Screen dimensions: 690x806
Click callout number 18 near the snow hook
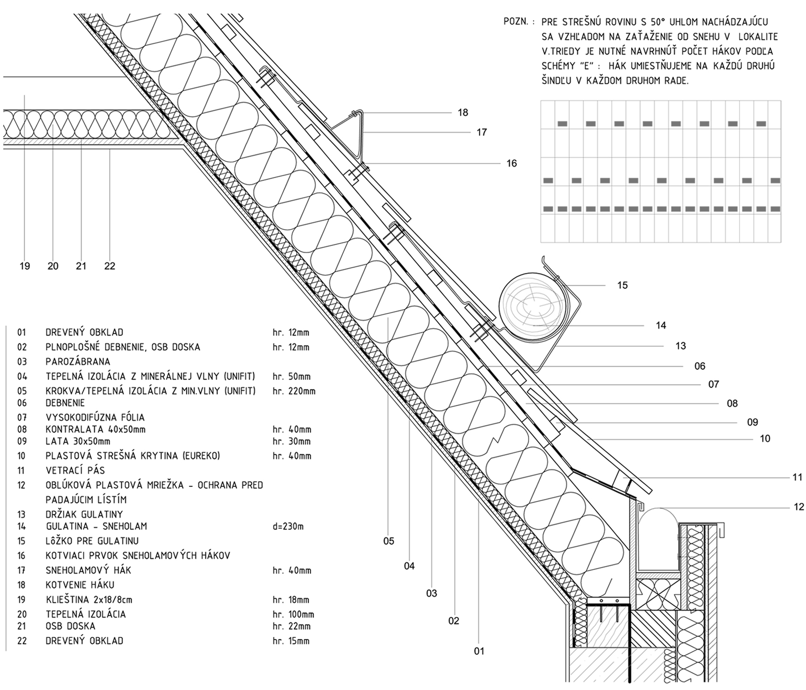click(x=463, y=112)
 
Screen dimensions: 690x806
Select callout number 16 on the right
click(x=512, y=164)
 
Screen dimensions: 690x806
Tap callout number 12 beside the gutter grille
click(x=798, y=507)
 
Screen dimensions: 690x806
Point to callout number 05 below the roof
click(x=389, y=541)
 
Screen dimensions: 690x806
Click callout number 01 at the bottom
click(x=479, y=651)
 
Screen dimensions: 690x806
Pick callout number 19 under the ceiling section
click(x=25, y=266)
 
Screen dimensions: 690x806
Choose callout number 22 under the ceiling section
click(x=109, y=266)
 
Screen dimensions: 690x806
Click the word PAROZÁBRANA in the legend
click(x=78, y=361)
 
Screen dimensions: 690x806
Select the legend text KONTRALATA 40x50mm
click(x=96, y=429)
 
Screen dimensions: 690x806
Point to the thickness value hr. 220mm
click(x=294, y=391)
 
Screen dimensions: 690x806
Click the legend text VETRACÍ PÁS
click(x=75, y=470)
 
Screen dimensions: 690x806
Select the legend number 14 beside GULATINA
click(x=22, y=526)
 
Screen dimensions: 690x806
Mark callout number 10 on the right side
click(x=765, y=439)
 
